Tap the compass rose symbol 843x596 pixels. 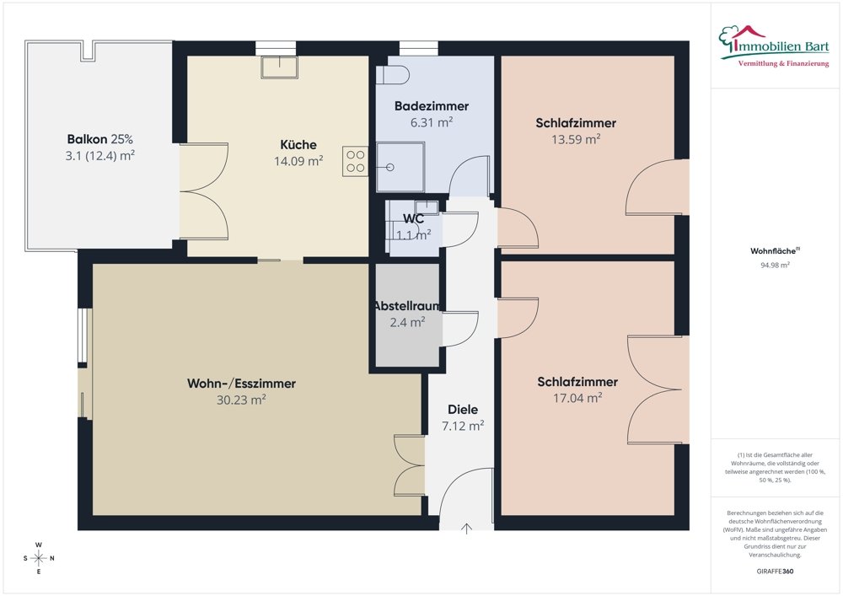[x=39, y=558]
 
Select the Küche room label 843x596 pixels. [x=298, y=144]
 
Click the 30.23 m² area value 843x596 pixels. [x=241, y=400]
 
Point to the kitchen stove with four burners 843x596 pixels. [x=356, y=161]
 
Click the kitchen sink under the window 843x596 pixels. [x=280, y=67]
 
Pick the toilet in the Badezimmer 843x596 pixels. [x=393, y=75]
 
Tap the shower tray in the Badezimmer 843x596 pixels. [x=400, y=167]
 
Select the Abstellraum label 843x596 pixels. [x=407, y=306]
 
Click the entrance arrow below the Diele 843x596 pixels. [x=466, y=529]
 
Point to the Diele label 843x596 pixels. [x=463, y=410]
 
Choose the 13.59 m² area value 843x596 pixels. [x=576, y=139]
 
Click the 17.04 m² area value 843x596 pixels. [x=577, y=398]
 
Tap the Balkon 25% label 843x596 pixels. [x=100, y=139]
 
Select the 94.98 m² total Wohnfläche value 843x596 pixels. [x=776, y=265]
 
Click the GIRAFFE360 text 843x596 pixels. [x=775, y=572]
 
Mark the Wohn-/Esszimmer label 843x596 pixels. [x=241, y=384]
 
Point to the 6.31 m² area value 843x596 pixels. [x=432, y=122]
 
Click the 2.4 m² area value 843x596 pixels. [x=407, y=322]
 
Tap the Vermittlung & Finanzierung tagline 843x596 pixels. [x=783, y=64]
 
